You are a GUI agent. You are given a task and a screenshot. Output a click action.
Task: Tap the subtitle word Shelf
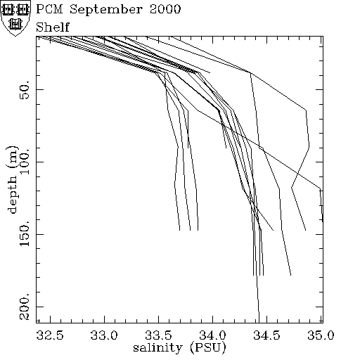(53, 27)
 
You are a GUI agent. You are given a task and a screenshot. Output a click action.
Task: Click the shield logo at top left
(15, 18)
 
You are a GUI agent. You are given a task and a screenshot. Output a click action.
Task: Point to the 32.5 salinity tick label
(50, 335)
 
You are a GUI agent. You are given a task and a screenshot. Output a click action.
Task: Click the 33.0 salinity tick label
(104, 335)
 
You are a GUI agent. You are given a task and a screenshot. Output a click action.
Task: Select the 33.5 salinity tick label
(158, 335)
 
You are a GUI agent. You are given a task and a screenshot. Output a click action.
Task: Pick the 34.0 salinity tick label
(212, 335)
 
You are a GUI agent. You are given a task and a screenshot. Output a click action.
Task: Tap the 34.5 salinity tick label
(266, 335)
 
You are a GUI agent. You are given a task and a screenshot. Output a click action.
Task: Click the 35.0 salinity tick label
(321, 335)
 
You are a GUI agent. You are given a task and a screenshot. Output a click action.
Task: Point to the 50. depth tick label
(25, 89)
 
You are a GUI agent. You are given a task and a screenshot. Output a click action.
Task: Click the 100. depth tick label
(25, 161)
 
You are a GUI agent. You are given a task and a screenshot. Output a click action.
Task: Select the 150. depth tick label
(25, 233)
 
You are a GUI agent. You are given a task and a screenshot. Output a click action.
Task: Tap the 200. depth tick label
(25, 306)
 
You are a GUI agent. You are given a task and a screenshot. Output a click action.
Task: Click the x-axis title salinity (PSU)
(179, 347)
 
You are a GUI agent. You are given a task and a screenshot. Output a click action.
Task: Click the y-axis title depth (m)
(12, 179)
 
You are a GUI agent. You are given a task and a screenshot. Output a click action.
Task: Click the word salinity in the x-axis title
(157, 347)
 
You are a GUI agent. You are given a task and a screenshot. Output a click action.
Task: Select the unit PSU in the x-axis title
(208, 348)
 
